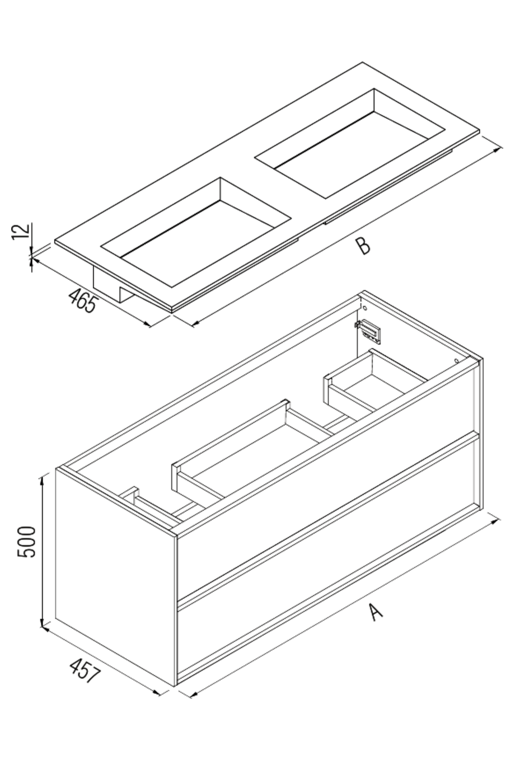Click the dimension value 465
83,300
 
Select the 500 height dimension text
27,541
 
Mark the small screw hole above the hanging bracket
364,307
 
